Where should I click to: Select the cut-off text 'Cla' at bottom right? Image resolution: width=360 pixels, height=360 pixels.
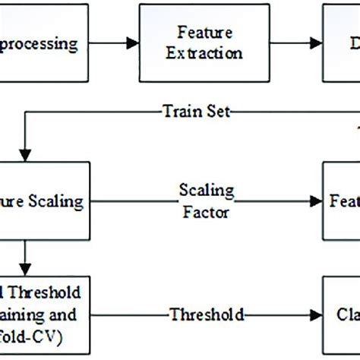pos(345,314)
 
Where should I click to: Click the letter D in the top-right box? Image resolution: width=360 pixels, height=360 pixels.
pos(352,43)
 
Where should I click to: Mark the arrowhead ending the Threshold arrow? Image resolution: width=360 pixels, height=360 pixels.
pos(317,314)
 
